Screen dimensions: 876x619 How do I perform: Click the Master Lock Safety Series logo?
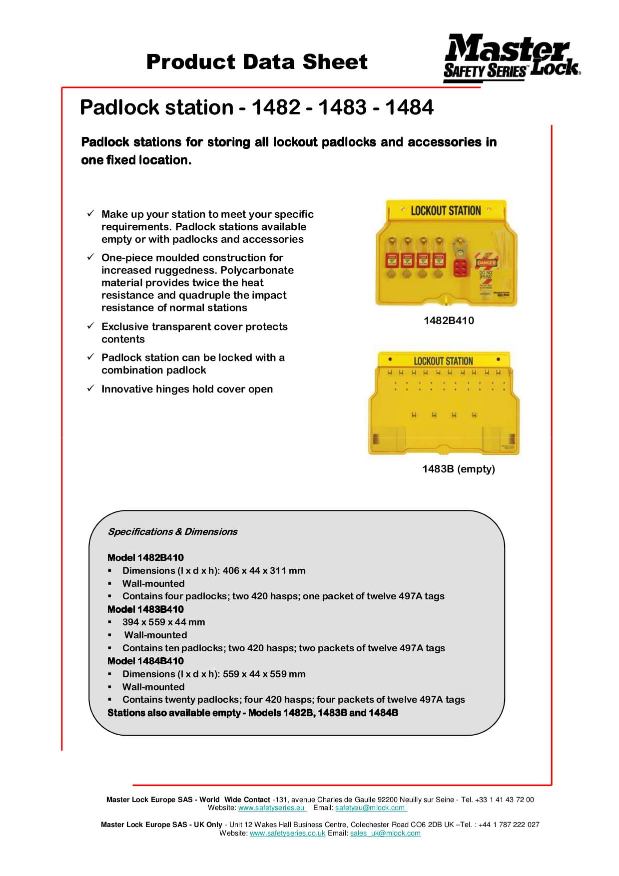pyautogui.click(x=511, y=58)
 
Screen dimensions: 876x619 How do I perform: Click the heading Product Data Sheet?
pyautogui.click(x=257, y=62)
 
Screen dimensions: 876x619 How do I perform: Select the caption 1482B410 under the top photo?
pyautogui.click(x=449, y=321)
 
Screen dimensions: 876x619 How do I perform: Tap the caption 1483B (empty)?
pyautogui.click(x=458, y=469)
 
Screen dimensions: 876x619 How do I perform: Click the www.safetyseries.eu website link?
pyautogui.click(x=271, y=808)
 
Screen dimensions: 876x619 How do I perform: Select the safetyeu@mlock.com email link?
pyautogui.click(x=370, y=808)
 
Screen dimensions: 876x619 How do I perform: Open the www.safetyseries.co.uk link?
pyautogui.click(x=287, y=833)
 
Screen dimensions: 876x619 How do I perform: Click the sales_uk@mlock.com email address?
pyautogui.click(x=385, y=833)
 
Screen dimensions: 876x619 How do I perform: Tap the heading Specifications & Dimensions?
pyautogui.click(x=172, y=531)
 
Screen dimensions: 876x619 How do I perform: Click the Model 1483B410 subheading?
pyautogui.click(x=145, y=609)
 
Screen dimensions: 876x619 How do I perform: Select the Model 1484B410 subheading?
pyautogui.click(x=145, y=661)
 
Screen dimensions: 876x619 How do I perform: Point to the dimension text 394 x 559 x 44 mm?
pyautogui.click(x=163, y=622)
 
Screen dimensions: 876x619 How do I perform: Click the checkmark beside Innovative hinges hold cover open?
pyautogui.click(x=90, y=388)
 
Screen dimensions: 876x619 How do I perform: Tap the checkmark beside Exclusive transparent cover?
pyautogui.click(x=90, y=326)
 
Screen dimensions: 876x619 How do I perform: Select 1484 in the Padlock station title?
pyautogui.click(x=409, y=107)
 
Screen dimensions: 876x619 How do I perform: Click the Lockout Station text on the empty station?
pyautogui.click(x=443, y=361)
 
